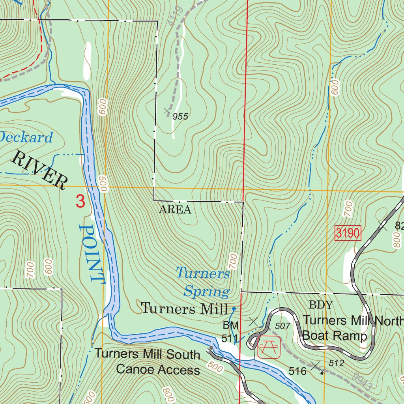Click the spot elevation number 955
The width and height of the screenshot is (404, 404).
coord(180,116)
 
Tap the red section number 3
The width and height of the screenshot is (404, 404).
coord(80,202)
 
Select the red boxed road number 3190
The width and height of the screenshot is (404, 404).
coord(348,233)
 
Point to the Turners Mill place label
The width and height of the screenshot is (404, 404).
coord(184,308)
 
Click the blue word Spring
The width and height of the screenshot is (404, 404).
coord(206,292)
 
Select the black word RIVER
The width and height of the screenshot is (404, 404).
coord(39,169)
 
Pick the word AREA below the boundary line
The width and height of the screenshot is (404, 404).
coord(175,209)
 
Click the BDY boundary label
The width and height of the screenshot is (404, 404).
coord(321,305)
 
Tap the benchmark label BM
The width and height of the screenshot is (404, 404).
coord(231,325)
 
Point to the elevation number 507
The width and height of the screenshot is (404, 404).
coord(282,326)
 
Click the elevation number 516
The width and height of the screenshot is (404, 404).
coord(297,371)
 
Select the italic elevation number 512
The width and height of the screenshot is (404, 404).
coord(336,363)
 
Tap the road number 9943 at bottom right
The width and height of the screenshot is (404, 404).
coord(362,382)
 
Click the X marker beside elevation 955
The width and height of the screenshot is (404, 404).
coord(167,111)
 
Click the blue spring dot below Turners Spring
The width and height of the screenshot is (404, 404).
coord(234,309)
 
